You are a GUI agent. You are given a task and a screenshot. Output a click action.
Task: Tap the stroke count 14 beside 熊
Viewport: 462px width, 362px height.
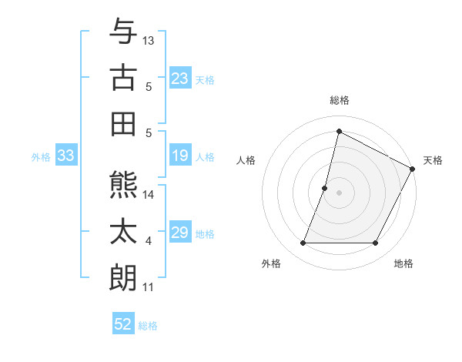149,195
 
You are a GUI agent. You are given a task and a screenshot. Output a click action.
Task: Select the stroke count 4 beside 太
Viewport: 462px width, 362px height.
149,241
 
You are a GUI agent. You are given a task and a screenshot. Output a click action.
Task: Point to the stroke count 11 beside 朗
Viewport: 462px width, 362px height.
149,287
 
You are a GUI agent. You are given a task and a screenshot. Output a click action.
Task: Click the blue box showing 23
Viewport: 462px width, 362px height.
180,79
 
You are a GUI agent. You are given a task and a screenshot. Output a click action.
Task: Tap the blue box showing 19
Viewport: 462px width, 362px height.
180,156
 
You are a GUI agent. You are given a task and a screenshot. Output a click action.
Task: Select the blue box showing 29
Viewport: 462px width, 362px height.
180,233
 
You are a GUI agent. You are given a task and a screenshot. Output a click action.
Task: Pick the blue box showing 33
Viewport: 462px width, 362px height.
66,156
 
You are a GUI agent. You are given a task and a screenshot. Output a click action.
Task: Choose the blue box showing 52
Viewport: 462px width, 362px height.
123,324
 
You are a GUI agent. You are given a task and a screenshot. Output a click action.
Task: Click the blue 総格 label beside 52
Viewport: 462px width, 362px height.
148,326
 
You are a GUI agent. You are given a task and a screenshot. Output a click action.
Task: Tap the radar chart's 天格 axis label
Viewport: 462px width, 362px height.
433,160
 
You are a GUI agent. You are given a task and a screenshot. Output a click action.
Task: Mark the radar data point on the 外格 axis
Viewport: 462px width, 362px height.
303,243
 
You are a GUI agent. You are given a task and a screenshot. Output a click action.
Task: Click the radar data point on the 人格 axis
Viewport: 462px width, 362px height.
325,188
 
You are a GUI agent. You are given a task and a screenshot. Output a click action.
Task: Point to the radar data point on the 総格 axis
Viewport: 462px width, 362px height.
339,131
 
